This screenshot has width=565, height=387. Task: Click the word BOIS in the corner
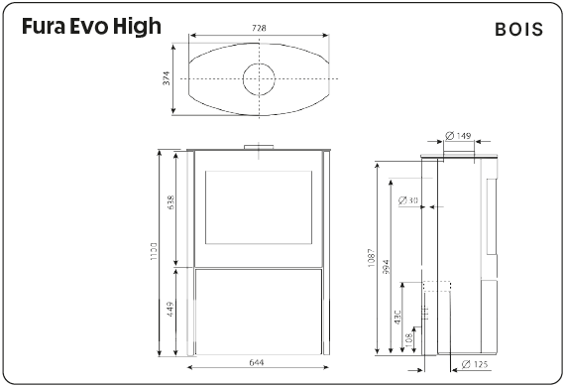[x=518, y=30]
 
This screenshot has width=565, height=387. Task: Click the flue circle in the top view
[x=262, y=77]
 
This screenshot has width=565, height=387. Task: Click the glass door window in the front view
[x=261, y=208]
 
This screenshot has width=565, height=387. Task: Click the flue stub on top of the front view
[x=262, y=148]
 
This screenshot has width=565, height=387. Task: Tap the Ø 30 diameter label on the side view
[x=407, y=200]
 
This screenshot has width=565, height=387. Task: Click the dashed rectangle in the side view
[x=437, y=312]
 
